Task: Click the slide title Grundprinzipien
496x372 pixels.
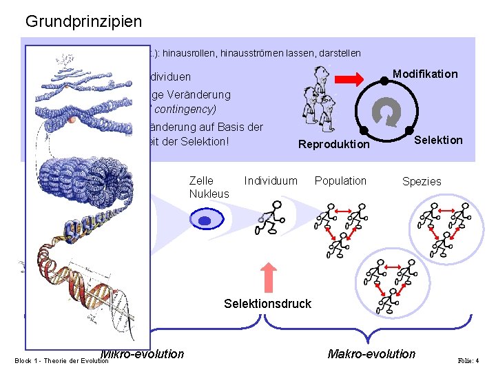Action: pos(83,21)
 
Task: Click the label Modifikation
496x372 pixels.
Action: pos(424,74)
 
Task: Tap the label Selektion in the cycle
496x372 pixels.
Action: pos(438,140)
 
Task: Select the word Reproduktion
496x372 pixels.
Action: pos(333,145)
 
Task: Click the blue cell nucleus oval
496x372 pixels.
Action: pos(204,220)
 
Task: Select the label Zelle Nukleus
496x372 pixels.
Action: pos(208,187)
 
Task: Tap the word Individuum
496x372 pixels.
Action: pos(271,180)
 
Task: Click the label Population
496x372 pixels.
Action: pos(340,180)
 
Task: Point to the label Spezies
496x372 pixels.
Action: pos(422,181)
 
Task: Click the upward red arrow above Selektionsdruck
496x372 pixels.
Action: pos(270,278)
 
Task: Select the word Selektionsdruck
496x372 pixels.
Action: pos(268,304)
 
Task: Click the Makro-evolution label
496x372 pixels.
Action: pos(371,354)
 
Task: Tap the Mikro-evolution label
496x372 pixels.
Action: pos(143,354)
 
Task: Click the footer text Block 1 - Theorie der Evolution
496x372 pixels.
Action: pos(61,360)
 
